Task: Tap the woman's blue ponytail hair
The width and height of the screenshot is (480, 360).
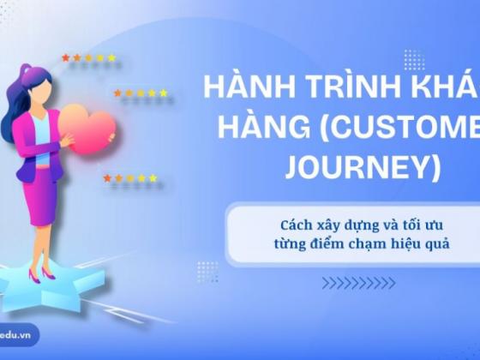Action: coord(26,94)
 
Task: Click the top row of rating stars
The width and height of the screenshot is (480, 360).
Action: coord(89,58)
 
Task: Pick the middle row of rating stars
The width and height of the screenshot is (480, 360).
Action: coord(141,93)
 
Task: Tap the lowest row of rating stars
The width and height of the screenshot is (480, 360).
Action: coord(130,178)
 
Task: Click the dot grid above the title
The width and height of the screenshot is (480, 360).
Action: coord(414,59)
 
